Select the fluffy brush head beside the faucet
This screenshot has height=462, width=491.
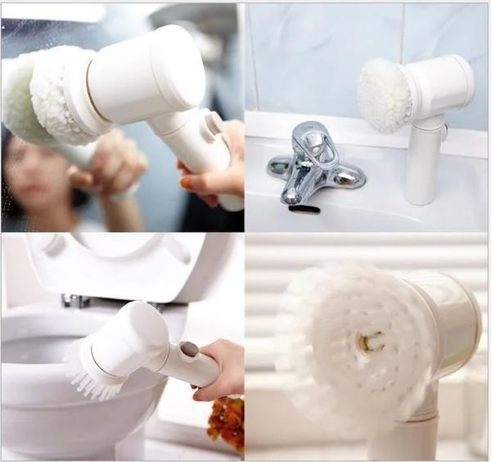[x=385, y=94]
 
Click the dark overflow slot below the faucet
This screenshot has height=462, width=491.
[x=304, y=210]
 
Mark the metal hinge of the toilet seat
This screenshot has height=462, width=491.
[x=75, y=301]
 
